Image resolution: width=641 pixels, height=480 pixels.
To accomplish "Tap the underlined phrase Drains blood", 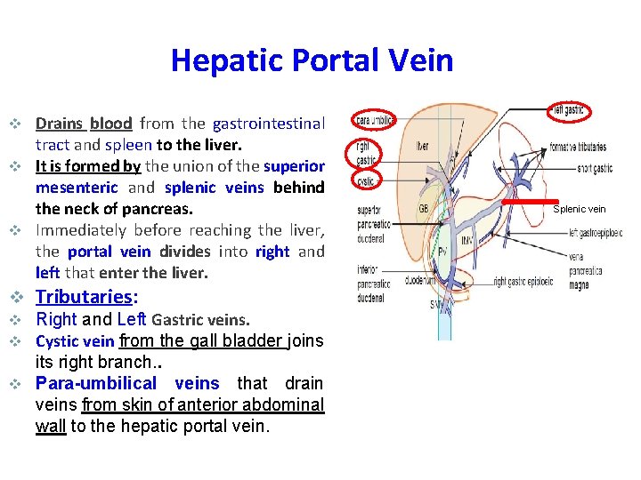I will pos(84,124).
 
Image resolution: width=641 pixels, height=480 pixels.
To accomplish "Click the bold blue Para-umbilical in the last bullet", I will pos(96,383).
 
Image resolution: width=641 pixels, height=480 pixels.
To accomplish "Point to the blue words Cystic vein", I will pos(74,340).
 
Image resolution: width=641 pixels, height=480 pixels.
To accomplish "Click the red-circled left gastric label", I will pos(568,110).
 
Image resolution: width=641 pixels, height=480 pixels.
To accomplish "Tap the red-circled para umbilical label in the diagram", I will pos(375,120).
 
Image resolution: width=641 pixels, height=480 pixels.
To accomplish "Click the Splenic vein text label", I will pos(579,210).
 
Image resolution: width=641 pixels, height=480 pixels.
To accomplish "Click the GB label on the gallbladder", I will pos(425,209).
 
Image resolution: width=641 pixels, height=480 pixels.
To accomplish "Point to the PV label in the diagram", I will pos(442,252).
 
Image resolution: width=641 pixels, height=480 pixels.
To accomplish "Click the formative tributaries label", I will pos(578,147).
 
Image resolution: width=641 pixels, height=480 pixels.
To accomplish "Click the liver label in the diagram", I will pos(422,146).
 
